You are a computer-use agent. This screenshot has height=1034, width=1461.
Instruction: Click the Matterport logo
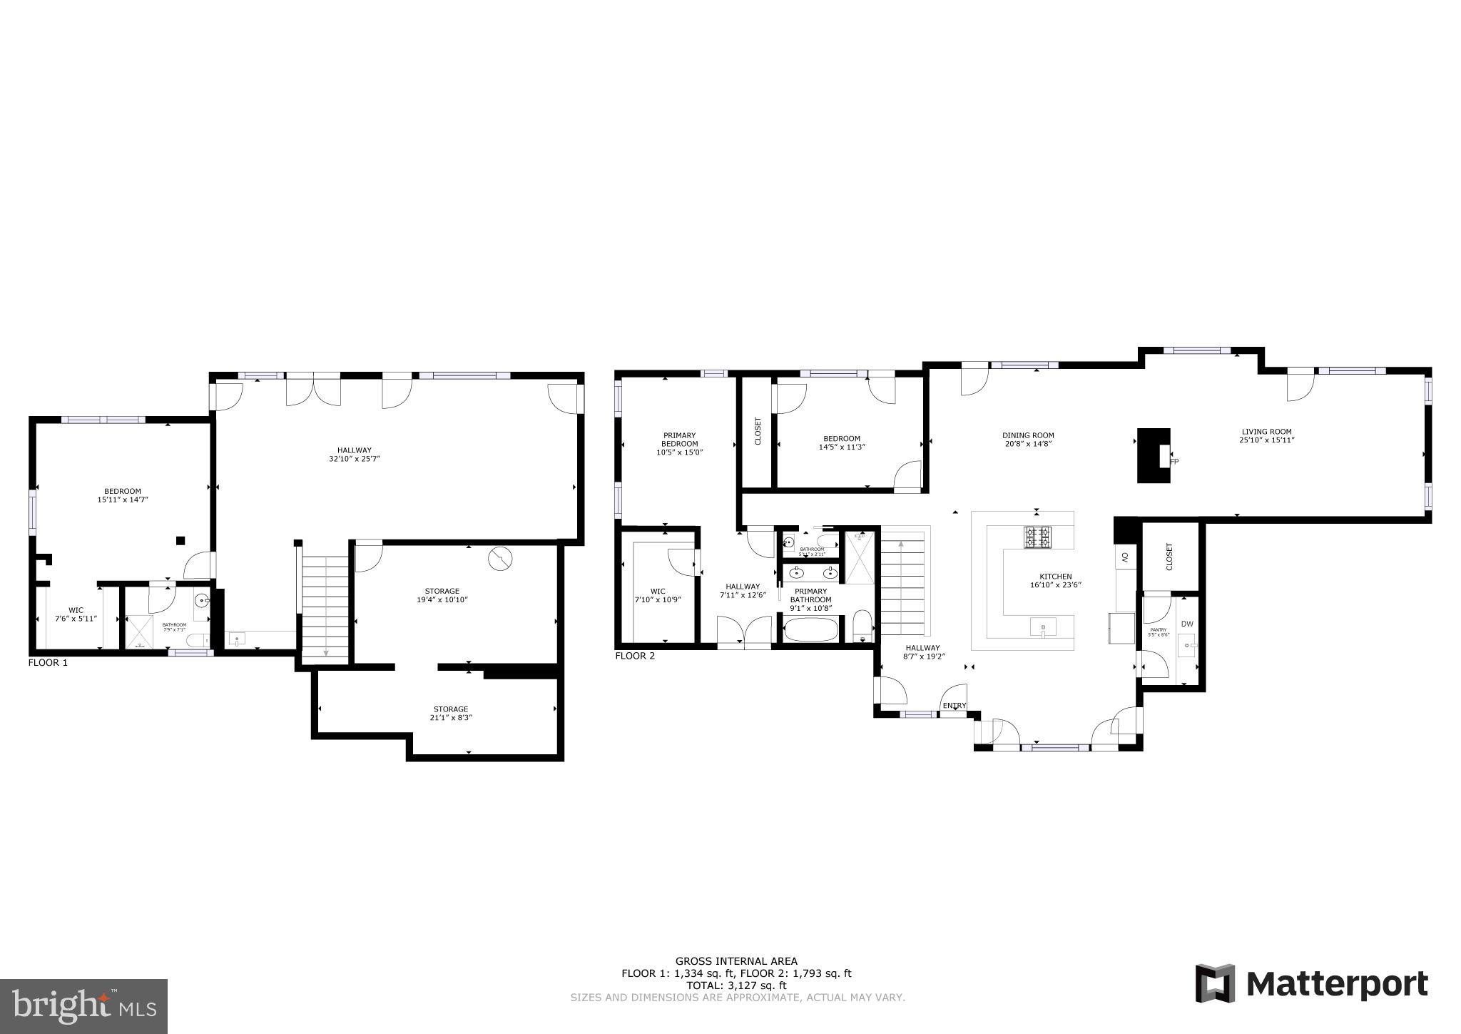pos(1311,984)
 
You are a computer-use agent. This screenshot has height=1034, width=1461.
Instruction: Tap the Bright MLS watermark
pos(83,1005)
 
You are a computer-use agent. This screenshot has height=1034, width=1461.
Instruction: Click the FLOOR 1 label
pos(48,662)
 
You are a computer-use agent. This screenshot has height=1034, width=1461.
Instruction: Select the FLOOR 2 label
pos(634,656)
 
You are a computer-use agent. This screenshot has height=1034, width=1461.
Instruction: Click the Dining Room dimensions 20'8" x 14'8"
pos(1028,444)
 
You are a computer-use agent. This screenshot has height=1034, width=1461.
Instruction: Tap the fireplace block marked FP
pos(1153,455)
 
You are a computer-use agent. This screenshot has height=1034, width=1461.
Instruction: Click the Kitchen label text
pos(1056,577)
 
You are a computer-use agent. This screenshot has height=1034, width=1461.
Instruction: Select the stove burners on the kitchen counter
pos(1038,537)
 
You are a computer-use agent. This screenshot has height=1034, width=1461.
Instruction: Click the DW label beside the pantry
pos(1186,624)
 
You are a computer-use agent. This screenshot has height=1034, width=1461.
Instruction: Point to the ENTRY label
pos(954,706)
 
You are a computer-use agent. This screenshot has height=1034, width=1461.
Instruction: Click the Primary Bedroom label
pos(679,439)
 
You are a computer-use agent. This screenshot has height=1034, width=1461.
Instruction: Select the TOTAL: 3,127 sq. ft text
pos(736,985)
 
